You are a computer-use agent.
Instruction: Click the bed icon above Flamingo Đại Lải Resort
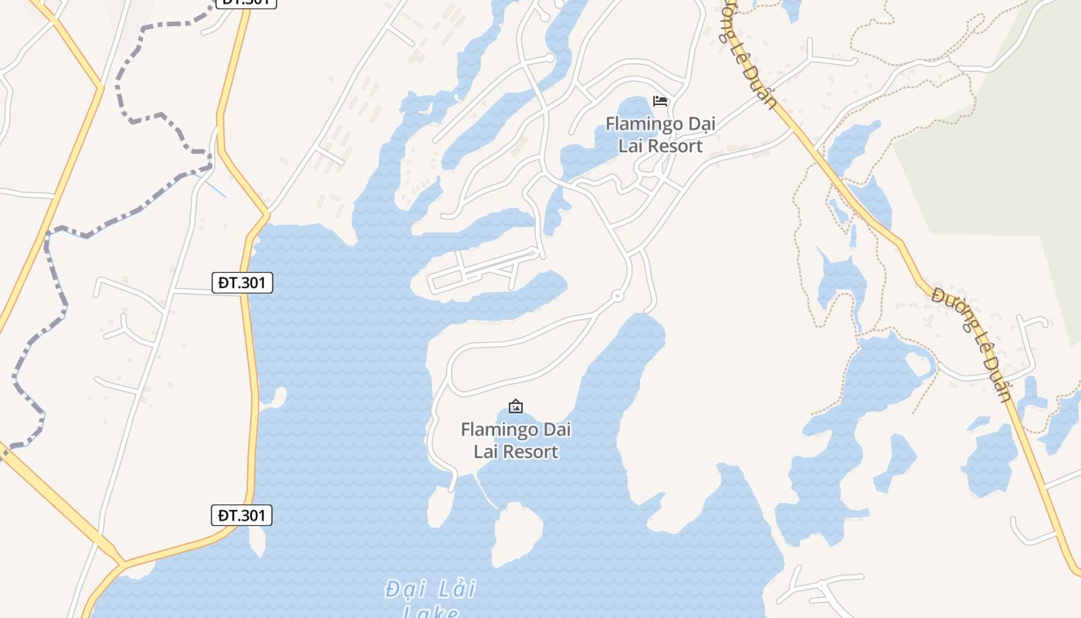click(x=659, y=101)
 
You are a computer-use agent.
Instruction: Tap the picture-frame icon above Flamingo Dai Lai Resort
click(x=515, y=406)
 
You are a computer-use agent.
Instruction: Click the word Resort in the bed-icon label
click(x=675, y=146)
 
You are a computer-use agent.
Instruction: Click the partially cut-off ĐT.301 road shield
click(x=245, y=2)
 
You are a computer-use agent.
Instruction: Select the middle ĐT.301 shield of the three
click(x=242, y=283)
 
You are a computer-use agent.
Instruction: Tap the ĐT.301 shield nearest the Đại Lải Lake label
click(x=242, y=515)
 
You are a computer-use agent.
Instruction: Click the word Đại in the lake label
click(x=404, y=589)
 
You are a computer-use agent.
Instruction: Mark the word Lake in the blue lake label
click(x=431, y=613)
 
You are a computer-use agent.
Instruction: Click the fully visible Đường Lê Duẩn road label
click(x=971, y=345)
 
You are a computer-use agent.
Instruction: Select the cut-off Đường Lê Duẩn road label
click(x=747, y=54)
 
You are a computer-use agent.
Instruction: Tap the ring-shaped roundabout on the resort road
click(x=616, y=296)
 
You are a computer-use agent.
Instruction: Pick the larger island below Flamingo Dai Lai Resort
click(x=517, y=532)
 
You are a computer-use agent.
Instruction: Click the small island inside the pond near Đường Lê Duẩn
click(x=919, y=362)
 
